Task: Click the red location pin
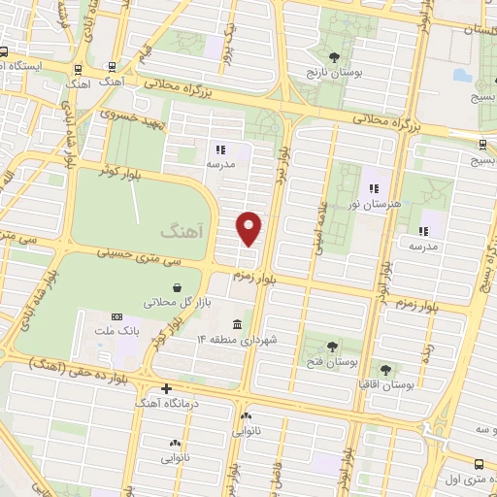[x=250, y=228]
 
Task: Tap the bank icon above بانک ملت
[x=117, y=316]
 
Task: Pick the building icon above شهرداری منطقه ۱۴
[x=238, y=323]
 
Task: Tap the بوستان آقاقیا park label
[x=386, y=384]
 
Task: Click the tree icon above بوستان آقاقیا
[x=386, y=369]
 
